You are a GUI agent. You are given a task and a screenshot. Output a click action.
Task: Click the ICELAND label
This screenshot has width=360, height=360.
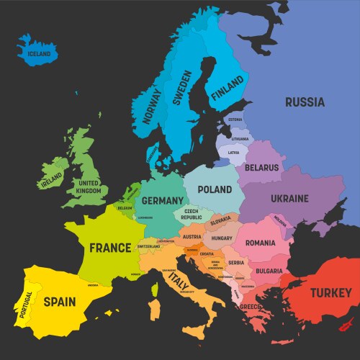[39, 54]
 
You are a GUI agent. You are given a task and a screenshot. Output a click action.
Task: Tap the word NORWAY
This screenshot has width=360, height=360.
[151, 106]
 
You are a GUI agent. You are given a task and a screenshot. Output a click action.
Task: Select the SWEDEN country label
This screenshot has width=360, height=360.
[184, 89]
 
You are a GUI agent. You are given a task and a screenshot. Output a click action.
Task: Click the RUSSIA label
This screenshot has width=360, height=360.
[305, 102]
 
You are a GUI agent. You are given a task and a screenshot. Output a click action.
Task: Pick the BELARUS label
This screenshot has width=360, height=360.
[261, 168]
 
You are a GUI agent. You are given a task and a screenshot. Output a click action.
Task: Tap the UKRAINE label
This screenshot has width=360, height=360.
[289, 198]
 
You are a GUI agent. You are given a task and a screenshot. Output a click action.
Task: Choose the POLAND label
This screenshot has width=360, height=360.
[215, 189]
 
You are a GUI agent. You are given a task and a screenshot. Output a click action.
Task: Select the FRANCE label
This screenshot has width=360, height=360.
[110, 248]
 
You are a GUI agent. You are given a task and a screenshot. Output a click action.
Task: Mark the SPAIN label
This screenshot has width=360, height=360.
[60, 301]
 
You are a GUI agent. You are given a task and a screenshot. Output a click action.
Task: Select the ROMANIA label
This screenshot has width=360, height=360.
[260, 243]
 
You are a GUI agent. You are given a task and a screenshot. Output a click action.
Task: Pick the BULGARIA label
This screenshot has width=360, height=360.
[269, 271]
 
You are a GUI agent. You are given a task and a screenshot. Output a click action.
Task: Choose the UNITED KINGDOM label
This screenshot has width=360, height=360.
[90, 186]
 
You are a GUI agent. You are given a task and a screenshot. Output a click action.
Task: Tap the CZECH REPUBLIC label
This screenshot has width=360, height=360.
[191, 214]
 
